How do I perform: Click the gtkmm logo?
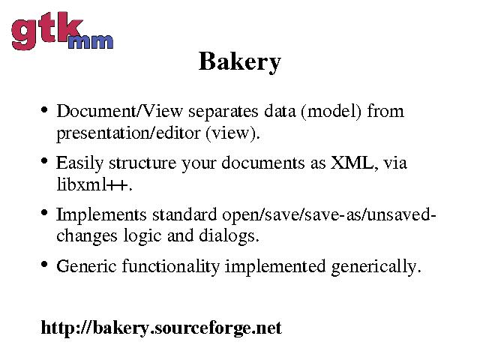(62, 31)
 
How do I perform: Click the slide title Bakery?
(240, 62)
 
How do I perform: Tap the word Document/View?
(120, 111)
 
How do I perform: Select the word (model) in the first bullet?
(331, 111)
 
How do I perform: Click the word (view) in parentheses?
(232, 133)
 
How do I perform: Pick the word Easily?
(80, 163)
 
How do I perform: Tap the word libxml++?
(94, 184)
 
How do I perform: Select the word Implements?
(101, 215)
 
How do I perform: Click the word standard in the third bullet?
(184, 214)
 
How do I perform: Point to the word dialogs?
(229, 236)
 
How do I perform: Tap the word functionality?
(171, 266)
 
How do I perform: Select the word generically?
(376, 267)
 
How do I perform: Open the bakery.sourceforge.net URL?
(161, 328)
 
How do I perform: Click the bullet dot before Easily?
(44, 160)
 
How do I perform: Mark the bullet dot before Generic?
(44, 264)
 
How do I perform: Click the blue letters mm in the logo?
(91, 42)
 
